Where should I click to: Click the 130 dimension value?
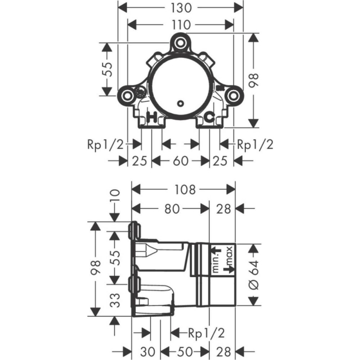click(181, 8)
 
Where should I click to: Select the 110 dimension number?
click(181, 25)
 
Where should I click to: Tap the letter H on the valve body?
click(152, 117)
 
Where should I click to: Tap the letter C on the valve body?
click(210, 117)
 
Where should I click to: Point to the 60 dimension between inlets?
click(181, 160)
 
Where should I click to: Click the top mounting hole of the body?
click(181, 43)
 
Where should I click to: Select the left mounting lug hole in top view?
click(127, 96)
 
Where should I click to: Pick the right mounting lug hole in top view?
click(233, 96)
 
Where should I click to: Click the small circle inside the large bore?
click(181, 103)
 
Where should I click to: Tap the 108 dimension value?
click(185, 190)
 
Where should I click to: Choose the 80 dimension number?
click(172, 209)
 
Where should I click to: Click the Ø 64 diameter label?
click(254, 275)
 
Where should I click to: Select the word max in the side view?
click(229, 256)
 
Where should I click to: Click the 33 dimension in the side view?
click(115, 300)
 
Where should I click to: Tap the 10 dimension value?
click(116, 195)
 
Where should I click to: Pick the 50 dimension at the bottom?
click(185, 351)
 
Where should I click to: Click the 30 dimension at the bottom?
click(148, 351)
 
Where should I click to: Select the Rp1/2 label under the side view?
click(206, 333)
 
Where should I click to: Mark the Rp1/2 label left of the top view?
click(105, 145)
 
